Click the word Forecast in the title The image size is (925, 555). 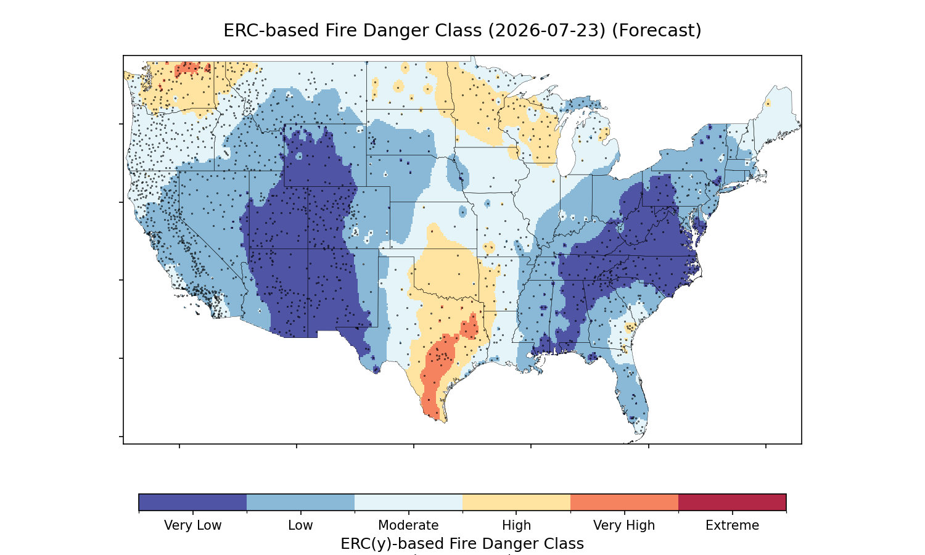[x=657, y=31]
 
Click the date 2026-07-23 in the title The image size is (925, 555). [x=545, y=31]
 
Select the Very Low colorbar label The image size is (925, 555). [x=193, y=525]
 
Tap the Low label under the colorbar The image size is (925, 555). [x=301, y=525]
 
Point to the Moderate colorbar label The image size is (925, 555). [x=408, y=525]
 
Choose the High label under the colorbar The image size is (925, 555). [x=517, y=525]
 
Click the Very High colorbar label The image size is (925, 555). [x=624, y=525]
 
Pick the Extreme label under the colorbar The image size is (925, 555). [x=732, y=525]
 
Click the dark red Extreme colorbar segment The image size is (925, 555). [x=732, y=502]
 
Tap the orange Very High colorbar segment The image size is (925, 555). [x=624, y=502]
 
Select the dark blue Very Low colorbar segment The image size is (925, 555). [x=193, y=502]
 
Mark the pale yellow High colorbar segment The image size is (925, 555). [x=517, y=502]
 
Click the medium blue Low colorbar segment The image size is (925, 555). [x=301, y=502]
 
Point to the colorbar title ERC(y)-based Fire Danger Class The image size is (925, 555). [x=462, y=544]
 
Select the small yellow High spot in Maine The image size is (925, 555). [x=768, y=103]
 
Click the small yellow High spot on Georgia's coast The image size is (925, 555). [x=630, y=328]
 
